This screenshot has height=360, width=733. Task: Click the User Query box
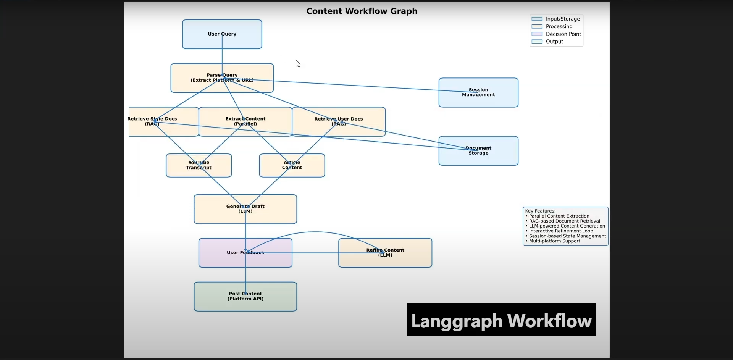point(222,34)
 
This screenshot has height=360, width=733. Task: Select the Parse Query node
point(222,78)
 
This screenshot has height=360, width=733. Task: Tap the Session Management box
point(478,92)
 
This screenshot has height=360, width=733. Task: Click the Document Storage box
point(478,151)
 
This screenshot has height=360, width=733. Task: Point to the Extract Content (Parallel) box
point(245,121)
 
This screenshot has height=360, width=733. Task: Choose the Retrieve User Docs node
point(339,121)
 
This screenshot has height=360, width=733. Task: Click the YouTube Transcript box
point(199,165)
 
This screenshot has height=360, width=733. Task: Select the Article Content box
point(292,165)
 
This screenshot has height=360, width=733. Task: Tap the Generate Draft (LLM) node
point(245,209)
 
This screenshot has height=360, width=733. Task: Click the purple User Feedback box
point(245,253)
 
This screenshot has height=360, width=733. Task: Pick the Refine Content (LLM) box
point(385,253)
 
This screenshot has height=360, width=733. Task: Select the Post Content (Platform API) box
point(245,297)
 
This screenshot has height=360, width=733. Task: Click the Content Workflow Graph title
point(362,11)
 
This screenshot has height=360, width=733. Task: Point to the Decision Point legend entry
point(563,34)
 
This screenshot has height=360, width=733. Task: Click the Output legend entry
point(554,42)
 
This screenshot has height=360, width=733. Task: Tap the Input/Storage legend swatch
point(537,19)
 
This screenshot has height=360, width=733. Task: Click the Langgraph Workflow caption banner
point(501,320)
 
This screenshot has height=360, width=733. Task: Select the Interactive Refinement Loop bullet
point(561,231)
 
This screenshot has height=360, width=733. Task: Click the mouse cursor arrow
point(297,63)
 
